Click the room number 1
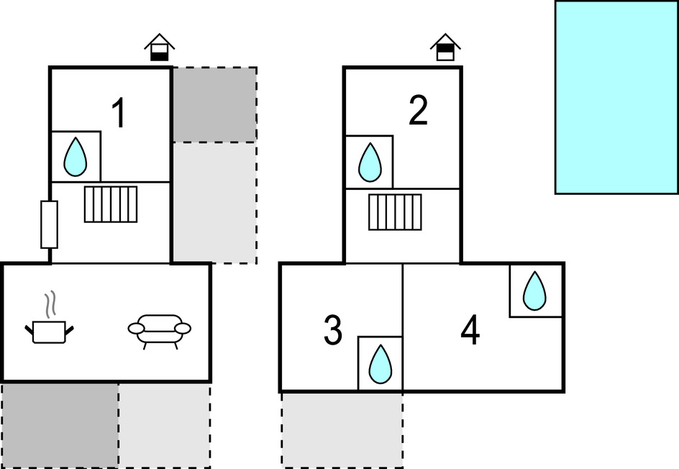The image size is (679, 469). coord(119,114)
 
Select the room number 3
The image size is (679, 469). coord(332,330)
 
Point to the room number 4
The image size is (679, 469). coord(470,332)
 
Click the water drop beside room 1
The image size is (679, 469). coord(76,157)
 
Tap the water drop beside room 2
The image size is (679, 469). coord(370,162)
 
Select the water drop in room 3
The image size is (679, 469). coord(380,364)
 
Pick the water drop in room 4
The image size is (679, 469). coord(534,291)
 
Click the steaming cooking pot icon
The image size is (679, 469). coord(50,324)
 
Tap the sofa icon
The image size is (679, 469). coord(160,330)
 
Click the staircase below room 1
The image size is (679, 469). coord(111,204)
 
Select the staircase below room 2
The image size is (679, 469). coord(395,212)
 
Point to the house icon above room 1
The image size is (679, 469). coord(160,47)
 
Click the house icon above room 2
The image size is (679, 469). coord(446,47)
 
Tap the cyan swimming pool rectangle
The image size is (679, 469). coord(616,97)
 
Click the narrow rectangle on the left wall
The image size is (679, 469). coord(49,224)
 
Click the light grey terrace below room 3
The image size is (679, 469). coord(342,429)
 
